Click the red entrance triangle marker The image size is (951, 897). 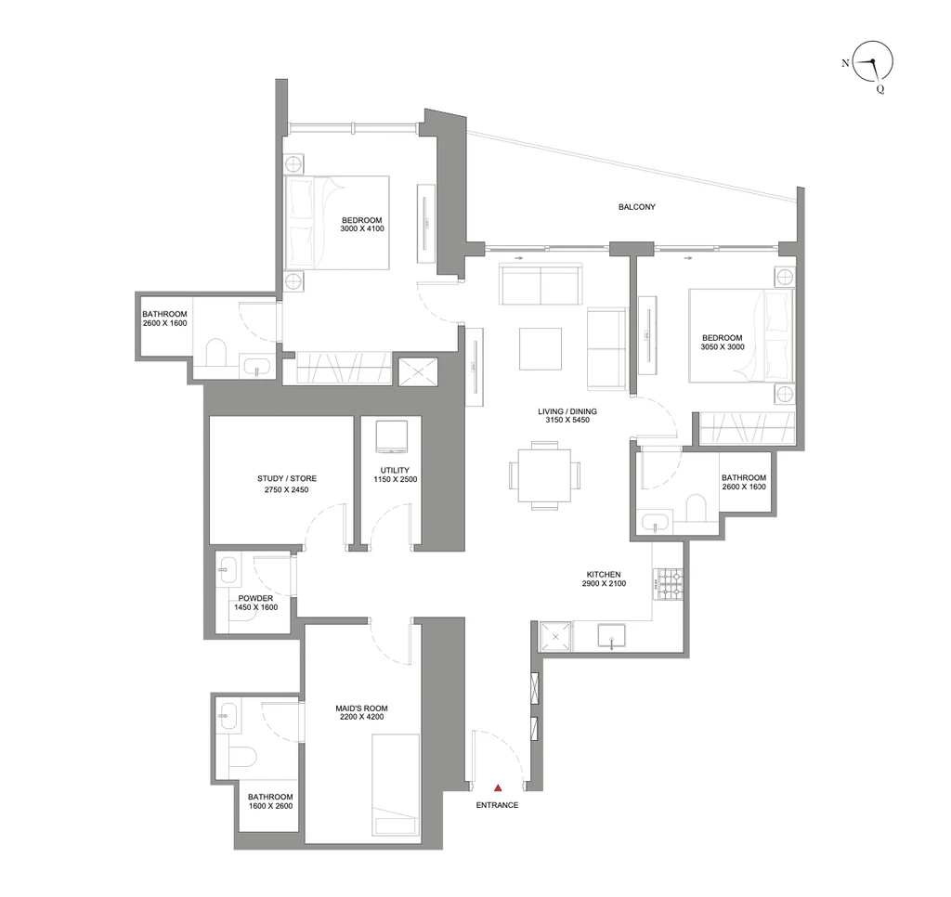[x=498, y=787]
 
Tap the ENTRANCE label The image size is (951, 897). [x=498, y=805]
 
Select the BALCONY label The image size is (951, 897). [x=637, y=207]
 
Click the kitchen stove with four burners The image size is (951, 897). [x=670, y=583]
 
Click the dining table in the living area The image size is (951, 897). [x=544, y=475]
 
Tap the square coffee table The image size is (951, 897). [x=541, y=349]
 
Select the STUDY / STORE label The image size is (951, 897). [x=287, y=478]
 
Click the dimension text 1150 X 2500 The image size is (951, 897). [x=396, y=479]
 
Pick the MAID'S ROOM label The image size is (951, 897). [x=361, y=708]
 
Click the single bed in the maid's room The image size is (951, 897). [x=396, y=787]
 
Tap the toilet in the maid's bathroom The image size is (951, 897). [x=242, y=758]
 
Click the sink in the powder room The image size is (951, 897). [x=228, y=570]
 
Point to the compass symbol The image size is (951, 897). [x=872, y=61]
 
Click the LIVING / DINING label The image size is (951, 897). [x=567, y=411]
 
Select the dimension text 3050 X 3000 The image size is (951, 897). [x=723, y=347]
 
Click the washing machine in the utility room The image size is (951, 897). [x=392, y=436]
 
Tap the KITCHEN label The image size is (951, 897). [x=604, y=575]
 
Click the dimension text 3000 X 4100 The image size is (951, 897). [x=362, y=228]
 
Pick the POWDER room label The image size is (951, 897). [x=255, y=598]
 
